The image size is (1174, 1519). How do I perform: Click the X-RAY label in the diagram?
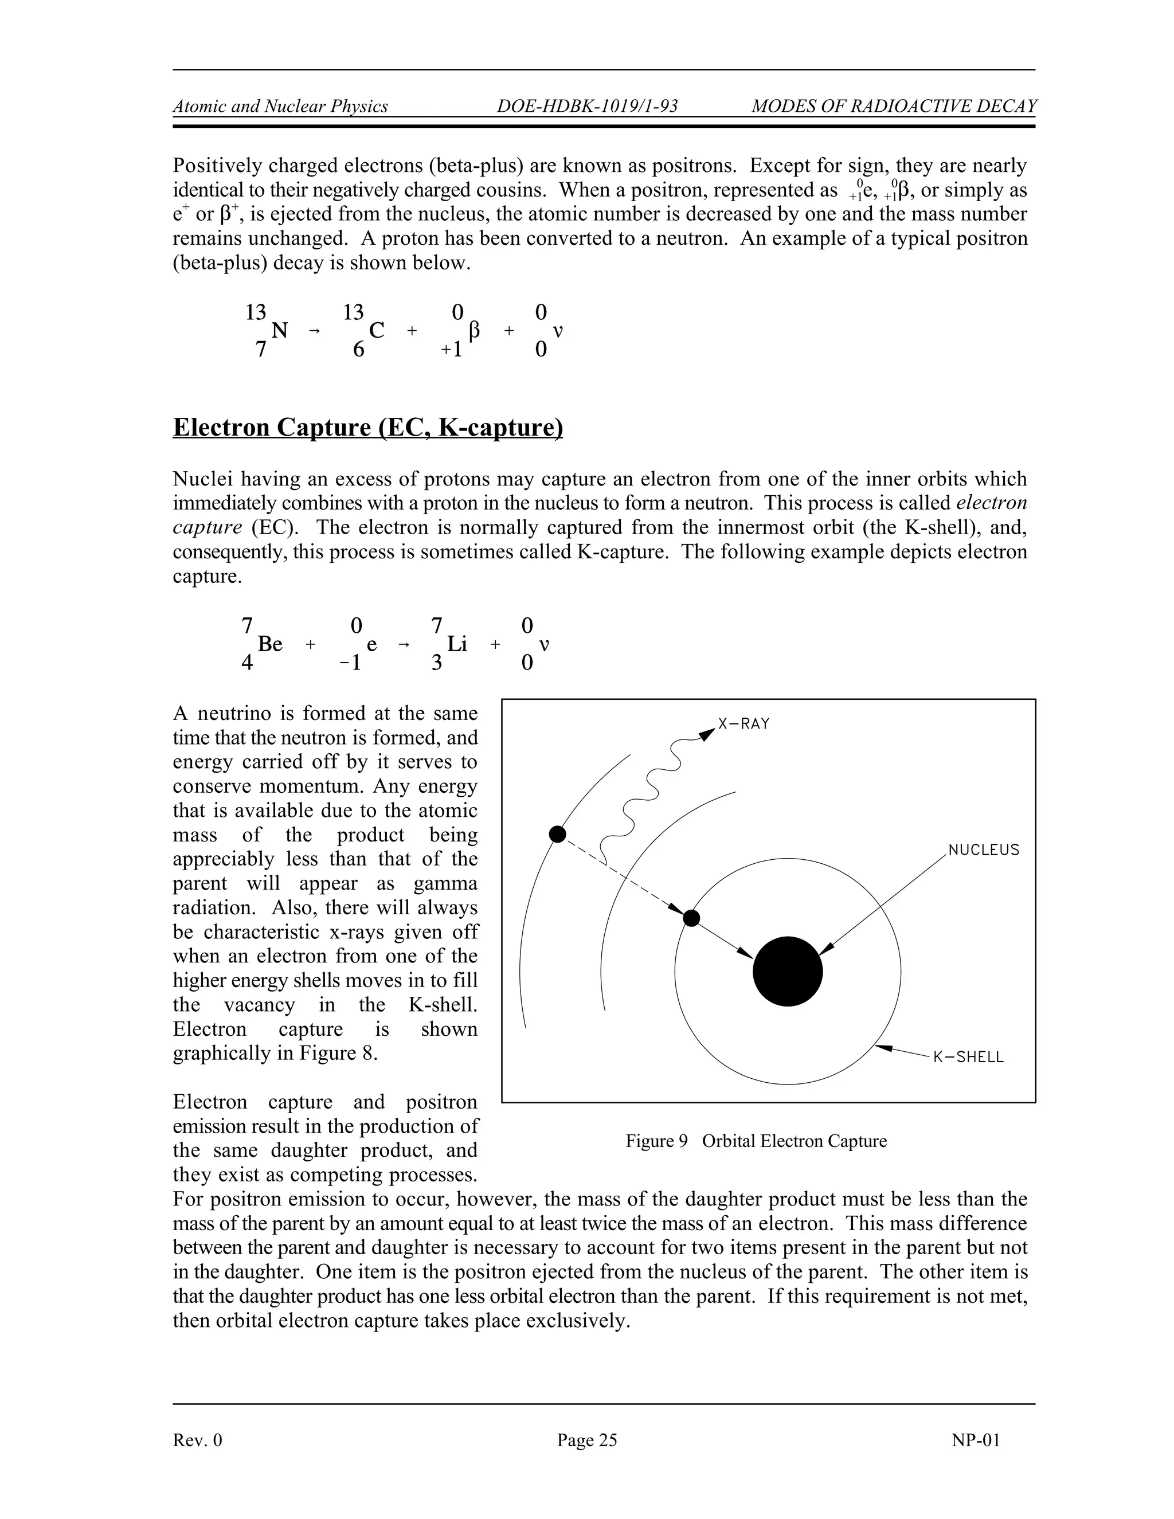(743, 724)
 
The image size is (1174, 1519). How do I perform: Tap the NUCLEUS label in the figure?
(984, 850)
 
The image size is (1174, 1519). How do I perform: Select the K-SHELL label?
(968, 1057)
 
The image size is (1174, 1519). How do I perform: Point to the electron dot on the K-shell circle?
(691, 918)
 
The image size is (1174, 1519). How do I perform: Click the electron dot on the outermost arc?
(558, 834)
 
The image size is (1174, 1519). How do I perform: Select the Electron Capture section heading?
(367, 427)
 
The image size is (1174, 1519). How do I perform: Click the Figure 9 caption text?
(756, 1141)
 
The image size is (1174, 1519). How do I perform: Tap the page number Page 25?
(586, 1440)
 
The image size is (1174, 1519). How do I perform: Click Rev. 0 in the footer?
(198, 1440)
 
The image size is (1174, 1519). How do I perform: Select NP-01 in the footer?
(975, 1440)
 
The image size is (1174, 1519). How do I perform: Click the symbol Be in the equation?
(270, 645)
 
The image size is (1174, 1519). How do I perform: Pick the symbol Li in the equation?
(457, 645)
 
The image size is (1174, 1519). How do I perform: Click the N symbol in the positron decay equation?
(279, 331)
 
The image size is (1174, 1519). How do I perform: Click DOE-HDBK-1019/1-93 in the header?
(588, 107)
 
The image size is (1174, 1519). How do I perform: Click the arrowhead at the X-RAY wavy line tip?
(707, 733)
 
